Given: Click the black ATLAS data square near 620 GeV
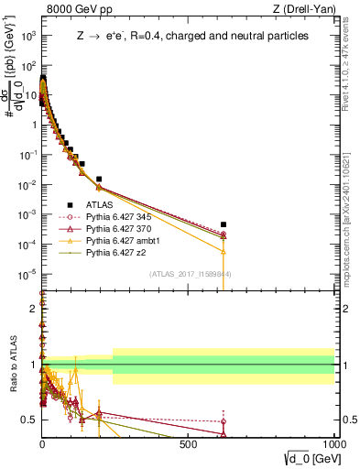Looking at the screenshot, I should pos(224,224).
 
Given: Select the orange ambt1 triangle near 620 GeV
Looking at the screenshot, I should pos(224,250).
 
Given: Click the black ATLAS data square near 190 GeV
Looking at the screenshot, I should pos(99,179).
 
